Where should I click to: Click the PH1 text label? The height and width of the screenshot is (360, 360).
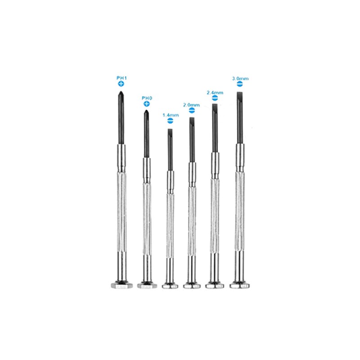121,78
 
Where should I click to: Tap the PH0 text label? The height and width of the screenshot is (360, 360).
147,98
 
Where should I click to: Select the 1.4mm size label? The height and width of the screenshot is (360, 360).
171,115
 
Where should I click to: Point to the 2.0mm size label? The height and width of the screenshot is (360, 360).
191,105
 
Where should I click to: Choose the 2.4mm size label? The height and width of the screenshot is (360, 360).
215,93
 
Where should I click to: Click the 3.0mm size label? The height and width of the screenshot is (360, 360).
240,78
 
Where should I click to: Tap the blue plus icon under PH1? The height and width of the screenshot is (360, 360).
121,84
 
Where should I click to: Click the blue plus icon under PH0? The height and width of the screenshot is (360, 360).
147,104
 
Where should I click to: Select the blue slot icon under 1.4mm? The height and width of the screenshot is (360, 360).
171,121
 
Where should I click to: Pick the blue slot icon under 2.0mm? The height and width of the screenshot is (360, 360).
192,110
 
